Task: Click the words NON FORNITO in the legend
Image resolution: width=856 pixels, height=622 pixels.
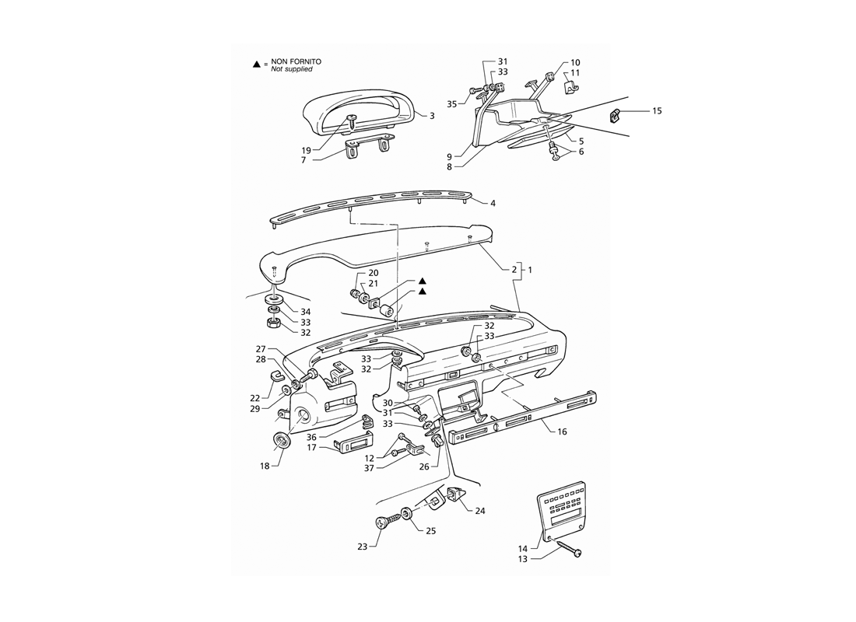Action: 296,61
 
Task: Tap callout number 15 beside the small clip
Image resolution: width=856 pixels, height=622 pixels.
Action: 657,110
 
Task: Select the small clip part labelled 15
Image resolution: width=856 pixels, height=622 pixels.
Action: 616,116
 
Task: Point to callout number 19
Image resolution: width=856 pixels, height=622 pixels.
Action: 306,151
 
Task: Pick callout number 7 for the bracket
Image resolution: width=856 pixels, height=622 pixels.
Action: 303,160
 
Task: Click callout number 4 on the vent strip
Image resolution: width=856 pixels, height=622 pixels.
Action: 493,204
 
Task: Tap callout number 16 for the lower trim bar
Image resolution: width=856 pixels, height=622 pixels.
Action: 562,432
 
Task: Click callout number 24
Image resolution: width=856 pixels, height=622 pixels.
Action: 480,512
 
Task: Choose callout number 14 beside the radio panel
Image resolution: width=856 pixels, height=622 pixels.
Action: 523,548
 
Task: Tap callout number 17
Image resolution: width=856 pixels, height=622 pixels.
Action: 312,448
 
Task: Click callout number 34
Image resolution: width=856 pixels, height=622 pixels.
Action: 305,312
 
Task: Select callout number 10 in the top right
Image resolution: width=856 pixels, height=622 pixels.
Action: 575,63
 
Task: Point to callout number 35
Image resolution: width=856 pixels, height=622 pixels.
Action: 451,103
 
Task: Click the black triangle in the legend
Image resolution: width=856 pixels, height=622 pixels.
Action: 257,65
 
